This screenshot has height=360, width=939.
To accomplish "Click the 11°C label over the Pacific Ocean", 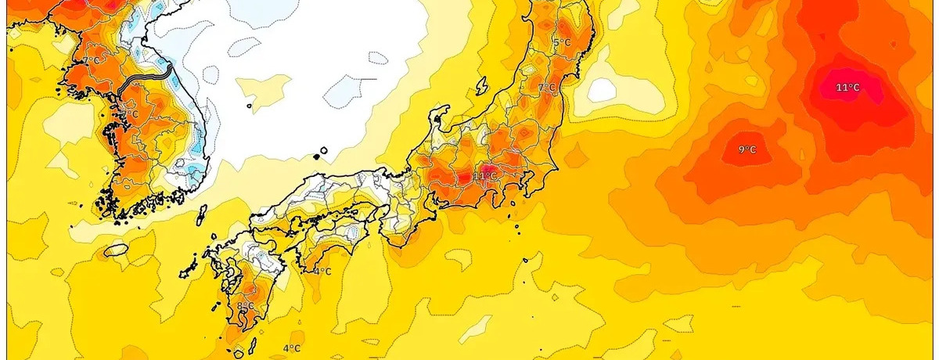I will pos(847,88).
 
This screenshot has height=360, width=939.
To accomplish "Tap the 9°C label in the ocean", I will pos(748,149).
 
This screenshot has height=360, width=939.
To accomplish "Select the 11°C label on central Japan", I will pos(484,176).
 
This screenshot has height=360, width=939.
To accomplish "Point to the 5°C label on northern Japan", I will pos(561,42).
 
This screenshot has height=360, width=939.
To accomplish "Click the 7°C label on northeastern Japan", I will pos(546,87).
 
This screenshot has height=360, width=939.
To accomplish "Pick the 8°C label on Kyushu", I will pos(245,305).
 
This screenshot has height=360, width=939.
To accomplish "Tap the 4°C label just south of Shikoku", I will pos(322,272).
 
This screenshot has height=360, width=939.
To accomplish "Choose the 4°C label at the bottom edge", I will pos(291,348).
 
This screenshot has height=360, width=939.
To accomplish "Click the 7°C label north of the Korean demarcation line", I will pos(92,60).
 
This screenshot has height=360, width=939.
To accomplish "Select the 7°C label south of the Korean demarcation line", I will pos(130,114).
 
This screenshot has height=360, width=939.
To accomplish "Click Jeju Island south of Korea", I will pos(116,250).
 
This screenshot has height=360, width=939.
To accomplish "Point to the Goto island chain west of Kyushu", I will pos(188,273).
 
